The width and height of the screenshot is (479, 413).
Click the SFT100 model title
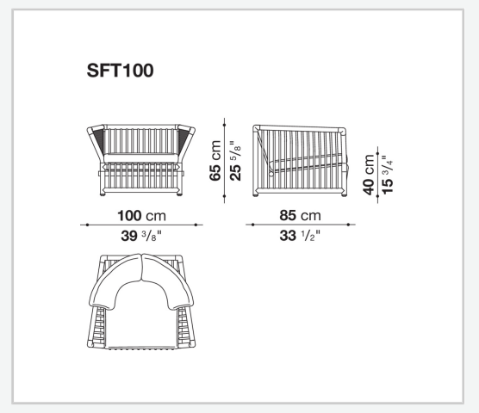pos(120,71)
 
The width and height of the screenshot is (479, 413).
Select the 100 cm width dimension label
pos(142,216)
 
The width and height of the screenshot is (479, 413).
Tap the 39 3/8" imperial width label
pos(141,236)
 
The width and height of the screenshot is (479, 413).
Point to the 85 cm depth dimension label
pos(300,215)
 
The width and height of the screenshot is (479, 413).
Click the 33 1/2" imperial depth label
pos(300,236)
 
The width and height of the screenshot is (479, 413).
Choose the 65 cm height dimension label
pos(215,160)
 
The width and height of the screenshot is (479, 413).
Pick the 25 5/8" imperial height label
pos(235,160)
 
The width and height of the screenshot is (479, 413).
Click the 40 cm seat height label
pos(369,175)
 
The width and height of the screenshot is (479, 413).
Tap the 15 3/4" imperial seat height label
pos(388,175)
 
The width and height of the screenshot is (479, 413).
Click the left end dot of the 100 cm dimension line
pos(87,225)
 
